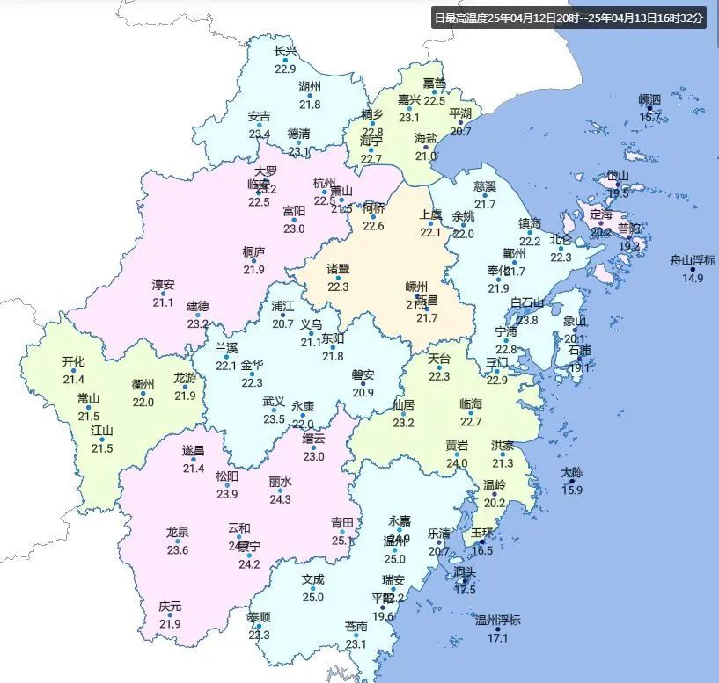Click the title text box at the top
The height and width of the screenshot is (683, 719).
coord(569,18)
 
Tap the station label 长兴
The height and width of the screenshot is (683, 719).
coord(286,52)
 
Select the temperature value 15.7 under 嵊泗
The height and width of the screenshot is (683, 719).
coord(650,116)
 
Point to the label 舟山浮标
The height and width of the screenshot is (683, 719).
coord(693,260)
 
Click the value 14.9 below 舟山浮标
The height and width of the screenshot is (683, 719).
coord(693,278)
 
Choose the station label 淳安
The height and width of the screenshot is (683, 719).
coord(163,285)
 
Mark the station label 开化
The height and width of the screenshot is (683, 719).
coord(74,362)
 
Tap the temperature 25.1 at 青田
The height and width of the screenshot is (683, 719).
coord(342,541)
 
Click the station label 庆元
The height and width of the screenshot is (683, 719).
coord(170,607)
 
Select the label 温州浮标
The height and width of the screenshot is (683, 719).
coord(498,621)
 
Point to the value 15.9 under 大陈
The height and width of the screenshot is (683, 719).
coord(572,490)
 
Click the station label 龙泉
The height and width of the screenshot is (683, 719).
coord(178,532)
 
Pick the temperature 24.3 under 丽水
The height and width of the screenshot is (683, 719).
coord(280,499)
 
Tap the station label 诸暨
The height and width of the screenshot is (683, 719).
coord(339,269)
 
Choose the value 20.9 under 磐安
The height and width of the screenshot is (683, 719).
coord(363,392)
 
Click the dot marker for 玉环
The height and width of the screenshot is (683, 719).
coord(481,542)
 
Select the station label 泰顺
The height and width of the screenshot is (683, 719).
coord(259,616)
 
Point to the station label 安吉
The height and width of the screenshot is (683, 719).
coord(260,116)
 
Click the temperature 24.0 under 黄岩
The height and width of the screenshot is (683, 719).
coord(457,463)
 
